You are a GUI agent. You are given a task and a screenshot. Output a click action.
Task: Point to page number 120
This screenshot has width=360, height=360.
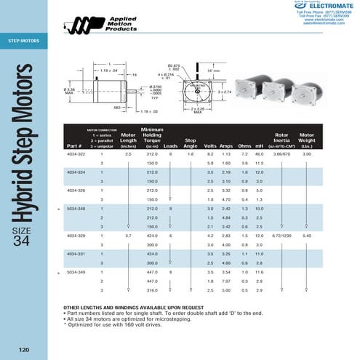[24, 348]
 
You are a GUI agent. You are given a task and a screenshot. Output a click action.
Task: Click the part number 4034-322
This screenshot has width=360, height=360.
[76, 155]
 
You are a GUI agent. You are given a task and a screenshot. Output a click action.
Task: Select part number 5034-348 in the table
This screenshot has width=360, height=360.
[76, 209]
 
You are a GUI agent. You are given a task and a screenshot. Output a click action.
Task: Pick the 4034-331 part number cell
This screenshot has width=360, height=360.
[76, 254]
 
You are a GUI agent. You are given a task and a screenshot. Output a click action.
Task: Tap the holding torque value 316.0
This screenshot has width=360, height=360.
[152, 290]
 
